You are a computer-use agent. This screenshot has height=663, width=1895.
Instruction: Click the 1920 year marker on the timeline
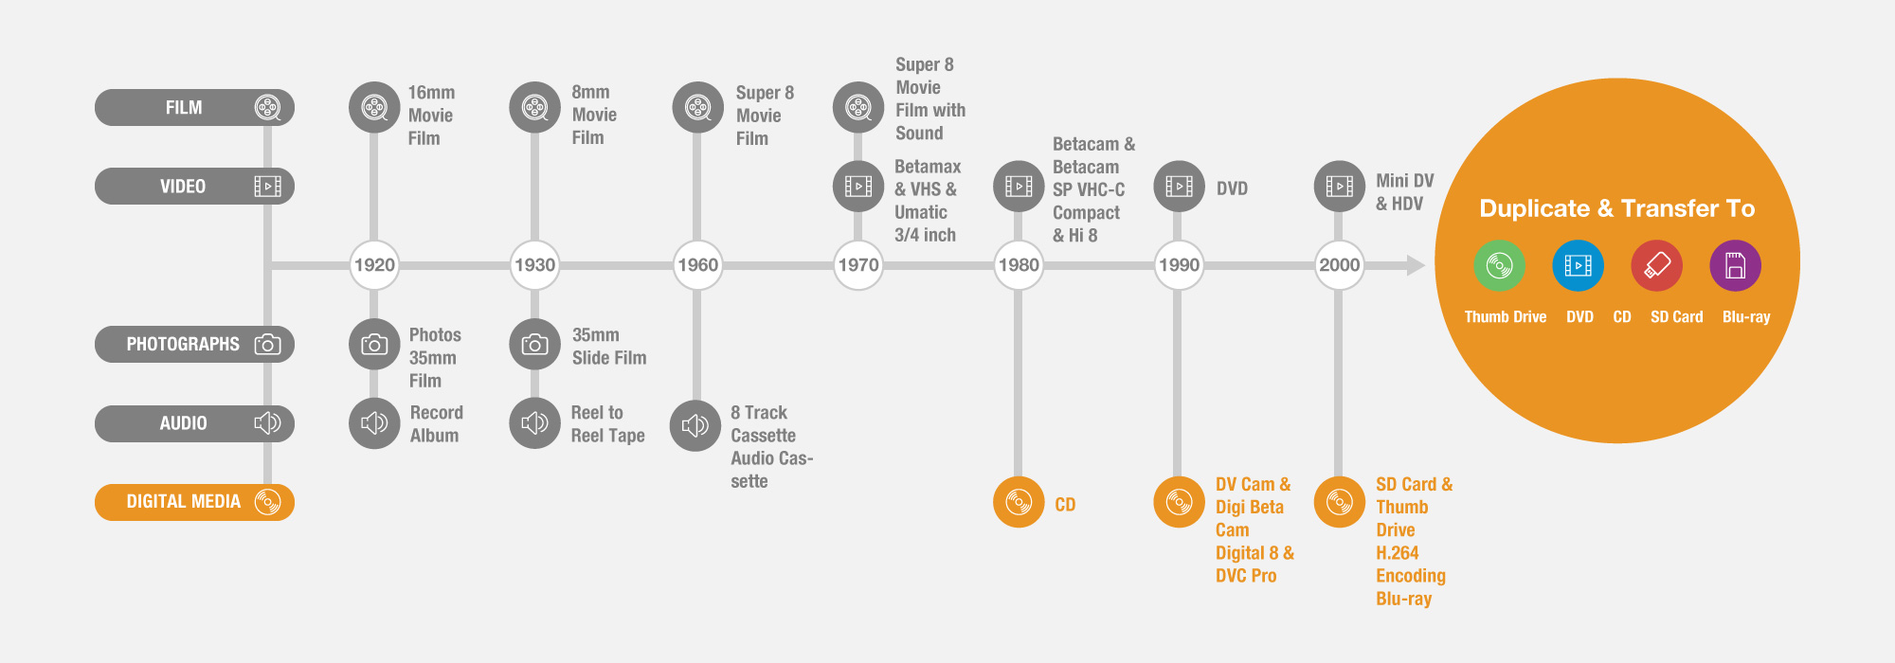point(374,265)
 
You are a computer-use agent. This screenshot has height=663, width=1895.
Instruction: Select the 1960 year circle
point(697,265)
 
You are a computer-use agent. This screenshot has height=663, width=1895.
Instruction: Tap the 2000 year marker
point(1339,265)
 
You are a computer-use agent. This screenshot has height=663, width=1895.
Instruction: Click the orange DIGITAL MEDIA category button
point(194,502)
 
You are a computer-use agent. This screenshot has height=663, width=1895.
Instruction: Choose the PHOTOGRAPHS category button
point(194,344)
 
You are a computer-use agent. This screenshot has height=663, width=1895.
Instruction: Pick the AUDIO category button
point(194,423)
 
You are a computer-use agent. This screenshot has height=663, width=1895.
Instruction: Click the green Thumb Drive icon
point(1499,265)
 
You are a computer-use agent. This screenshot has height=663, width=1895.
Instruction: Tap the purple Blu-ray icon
point(1735,265)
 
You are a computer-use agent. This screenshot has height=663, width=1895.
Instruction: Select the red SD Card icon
point(1656,265)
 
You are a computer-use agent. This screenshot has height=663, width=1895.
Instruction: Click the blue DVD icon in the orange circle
point(1578,265)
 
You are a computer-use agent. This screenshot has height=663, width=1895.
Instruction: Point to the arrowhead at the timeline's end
point(1416,265)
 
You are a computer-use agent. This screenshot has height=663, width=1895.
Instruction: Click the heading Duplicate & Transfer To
point(1616,208)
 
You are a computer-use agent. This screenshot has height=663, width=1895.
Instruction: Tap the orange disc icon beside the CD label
point(1019,502)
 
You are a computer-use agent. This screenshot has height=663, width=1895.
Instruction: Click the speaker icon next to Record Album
point(374,423)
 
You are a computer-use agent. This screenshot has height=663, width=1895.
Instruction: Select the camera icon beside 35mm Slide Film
point(534,345)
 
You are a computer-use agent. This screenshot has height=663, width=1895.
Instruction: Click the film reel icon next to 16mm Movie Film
point(374,107)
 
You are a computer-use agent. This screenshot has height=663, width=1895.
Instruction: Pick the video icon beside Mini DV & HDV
point(1339,186)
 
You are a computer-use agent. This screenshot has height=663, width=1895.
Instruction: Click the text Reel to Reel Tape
point(607,424)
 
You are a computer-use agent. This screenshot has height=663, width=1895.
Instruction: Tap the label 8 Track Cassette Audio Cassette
point(771,447)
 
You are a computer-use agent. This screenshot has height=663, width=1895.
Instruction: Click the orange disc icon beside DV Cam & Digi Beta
point(1179,502)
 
